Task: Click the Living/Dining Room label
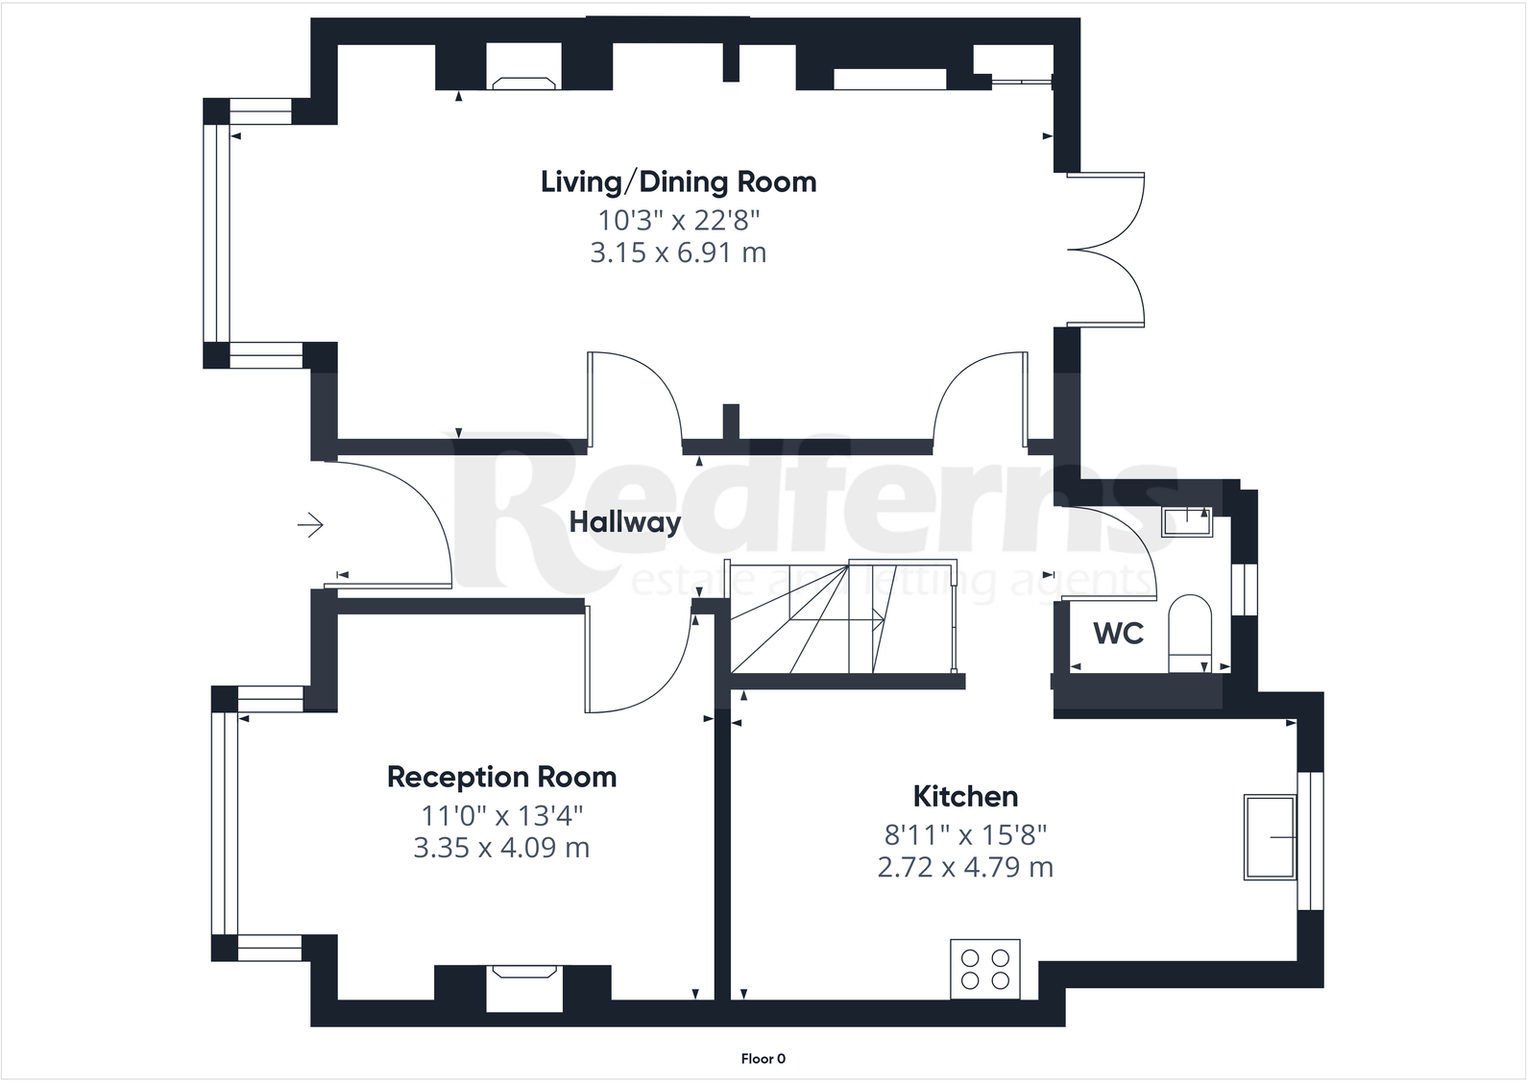(678, 181)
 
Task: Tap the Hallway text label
(624, 522)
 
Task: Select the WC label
(1118, 634)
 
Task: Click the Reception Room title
(501, 777)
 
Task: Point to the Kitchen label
(964, 796)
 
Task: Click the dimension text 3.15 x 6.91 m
(678, 252)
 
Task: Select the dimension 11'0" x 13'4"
(501, 816)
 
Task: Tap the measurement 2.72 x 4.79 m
(964, 867)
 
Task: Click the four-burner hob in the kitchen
(985, 969)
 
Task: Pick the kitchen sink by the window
(1270, 836)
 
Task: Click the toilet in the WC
(1191, 632)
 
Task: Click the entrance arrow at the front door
(310, 525)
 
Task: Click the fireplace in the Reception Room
(523, 986)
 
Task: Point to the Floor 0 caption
(763, 1059)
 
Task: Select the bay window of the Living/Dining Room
(216, 233)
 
